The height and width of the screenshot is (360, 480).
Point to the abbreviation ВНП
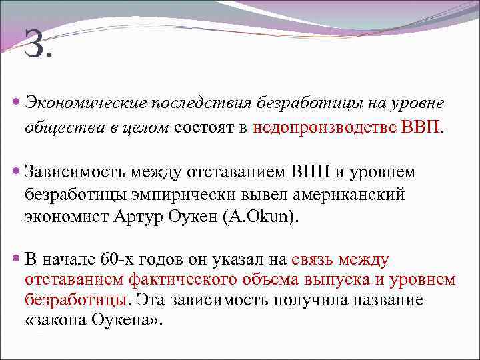pyautogui.click(x=309, y=172)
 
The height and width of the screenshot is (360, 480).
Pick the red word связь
pyautogui.click(x=313, y=259)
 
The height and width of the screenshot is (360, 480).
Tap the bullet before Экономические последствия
pyautogui.click(x=17, y=105)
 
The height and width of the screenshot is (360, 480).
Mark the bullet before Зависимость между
pyautogui.click(x=17, y=173)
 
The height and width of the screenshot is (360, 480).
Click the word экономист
pyautogui.click(x=63, y=216)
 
